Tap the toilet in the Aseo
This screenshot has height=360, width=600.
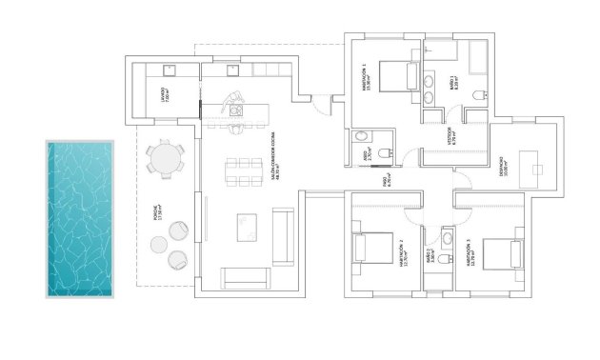click(384, 153)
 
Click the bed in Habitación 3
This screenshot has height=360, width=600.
click(502, 254)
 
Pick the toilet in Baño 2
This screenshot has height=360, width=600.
click(446, 236)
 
